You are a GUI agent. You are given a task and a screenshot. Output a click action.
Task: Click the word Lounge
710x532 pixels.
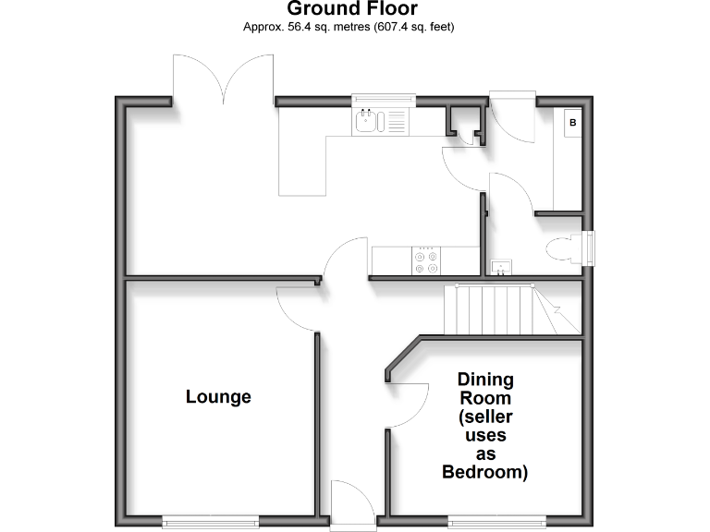pos(218,397)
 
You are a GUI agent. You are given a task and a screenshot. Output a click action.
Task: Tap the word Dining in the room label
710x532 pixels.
pos(485,380)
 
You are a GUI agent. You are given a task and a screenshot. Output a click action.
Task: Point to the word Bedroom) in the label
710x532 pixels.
pos(485,473)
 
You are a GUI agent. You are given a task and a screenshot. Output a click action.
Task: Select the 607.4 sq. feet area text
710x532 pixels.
pos(413,27)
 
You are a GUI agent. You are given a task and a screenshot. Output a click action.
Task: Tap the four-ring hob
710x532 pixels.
pos(426,260)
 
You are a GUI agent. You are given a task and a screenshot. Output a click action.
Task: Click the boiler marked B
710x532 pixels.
pos(573,122)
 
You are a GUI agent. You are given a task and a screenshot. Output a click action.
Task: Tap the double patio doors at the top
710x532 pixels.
pos(223,78)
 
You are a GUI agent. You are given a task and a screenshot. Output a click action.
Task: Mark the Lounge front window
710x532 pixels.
pos(209,519)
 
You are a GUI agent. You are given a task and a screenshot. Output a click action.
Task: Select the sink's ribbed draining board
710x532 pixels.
pos(396,120)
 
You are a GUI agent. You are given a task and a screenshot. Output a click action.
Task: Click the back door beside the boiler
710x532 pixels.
pos(511,115)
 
